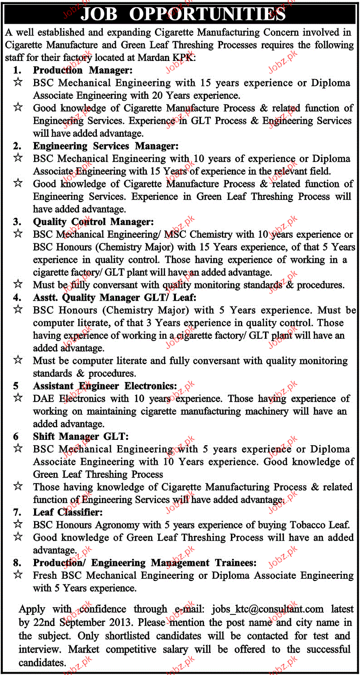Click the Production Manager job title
coord(82,70)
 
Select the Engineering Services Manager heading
coord(105,146)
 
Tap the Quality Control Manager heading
coord(93,222)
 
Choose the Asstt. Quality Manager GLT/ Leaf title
coord(114,297)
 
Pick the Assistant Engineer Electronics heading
coord(105,386)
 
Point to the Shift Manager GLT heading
coord(80,436)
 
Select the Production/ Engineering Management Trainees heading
coord(145,563)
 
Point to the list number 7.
coord(17,512)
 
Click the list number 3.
coord(17,222)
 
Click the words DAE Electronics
coord(71,398)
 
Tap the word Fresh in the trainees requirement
coord(45,575)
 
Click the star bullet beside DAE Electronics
coord(18,398)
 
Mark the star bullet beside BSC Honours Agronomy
coord(18,524)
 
